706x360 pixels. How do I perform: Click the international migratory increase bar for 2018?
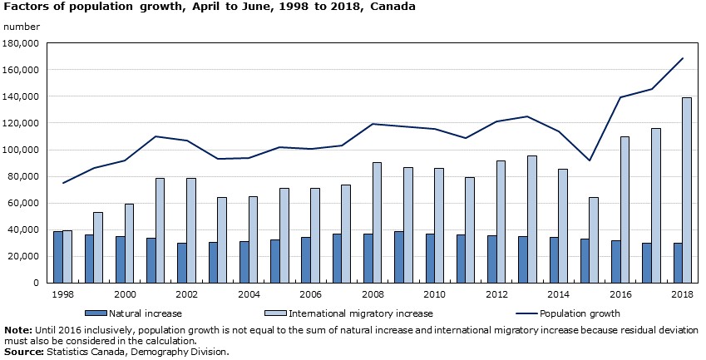[687, 190]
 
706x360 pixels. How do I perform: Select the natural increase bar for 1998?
[58, 257]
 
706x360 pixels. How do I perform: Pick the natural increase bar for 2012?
[492, 259]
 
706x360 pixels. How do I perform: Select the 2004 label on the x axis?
[248, 294]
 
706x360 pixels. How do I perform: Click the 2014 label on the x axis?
[558, 294]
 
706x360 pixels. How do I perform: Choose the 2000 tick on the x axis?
[124, 294]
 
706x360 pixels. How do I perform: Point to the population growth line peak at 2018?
[683, 58]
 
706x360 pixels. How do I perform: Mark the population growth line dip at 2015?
[590, 160]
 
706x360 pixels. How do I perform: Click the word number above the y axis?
[22, 27]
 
